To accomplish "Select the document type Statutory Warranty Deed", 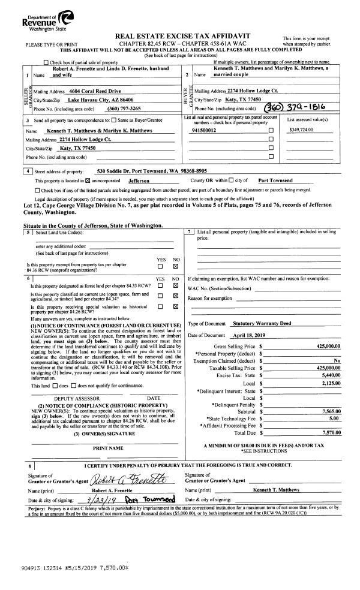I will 262,323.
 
